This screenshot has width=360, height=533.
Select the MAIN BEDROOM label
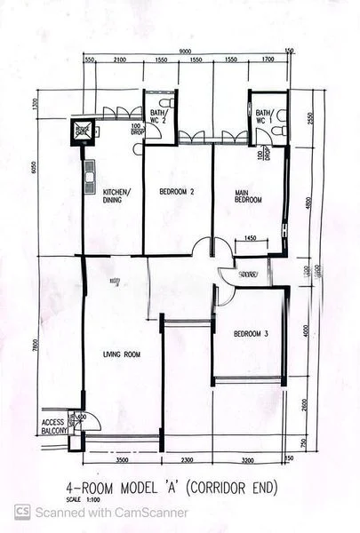click(248, 196)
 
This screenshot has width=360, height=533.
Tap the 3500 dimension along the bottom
click(121, 461)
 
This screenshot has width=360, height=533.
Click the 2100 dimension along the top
click(119, 60)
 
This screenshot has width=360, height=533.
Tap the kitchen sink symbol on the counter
click(89, 178)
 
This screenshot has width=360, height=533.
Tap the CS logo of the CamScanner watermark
click(22, 512)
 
